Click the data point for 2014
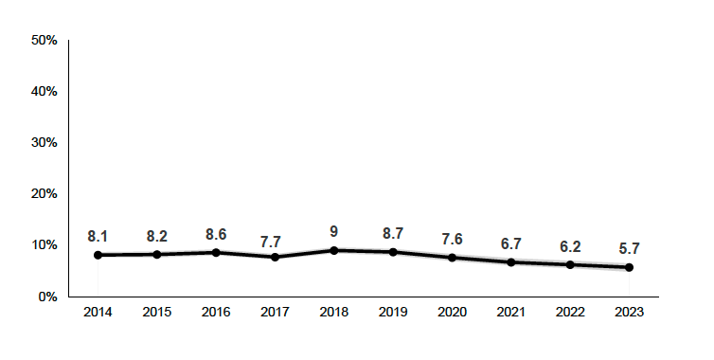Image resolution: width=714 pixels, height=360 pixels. coord(98,255)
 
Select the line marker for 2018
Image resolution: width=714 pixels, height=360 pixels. coord(334,250)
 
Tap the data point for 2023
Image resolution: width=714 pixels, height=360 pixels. coord(629,267)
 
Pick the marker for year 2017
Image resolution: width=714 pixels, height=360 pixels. coord(276,257)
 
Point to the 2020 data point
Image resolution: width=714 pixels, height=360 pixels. coord(453,258)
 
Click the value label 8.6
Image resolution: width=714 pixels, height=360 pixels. coord(216,232)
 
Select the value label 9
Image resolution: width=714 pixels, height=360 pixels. coord(334,230)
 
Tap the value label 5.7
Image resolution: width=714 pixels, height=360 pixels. coord(629,247)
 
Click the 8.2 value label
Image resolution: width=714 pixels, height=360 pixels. coord(157,234)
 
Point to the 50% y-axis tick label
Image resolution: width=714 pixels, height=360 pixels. coord(45,41)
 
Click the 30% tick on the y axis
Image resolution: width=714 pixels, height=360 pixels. coord(45,143)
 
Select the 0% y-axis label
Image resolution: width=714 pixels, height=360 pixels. coord(48,297)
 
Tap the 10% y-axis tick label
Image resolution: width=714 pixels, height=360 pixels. coord(45,245)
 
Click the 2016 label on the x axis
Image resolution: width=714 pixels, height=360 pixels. coord(216,312)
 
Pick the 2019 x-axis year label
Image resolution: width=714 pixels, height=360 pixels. coord(393,312)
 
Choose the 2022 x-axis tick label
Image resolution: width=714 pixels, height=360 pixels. coord(570,312)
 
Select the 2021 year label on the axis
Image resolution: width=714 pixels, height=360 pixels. coord(511,312)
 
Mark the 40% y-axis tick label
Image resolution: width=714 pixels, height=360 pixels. coord(45,92)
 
